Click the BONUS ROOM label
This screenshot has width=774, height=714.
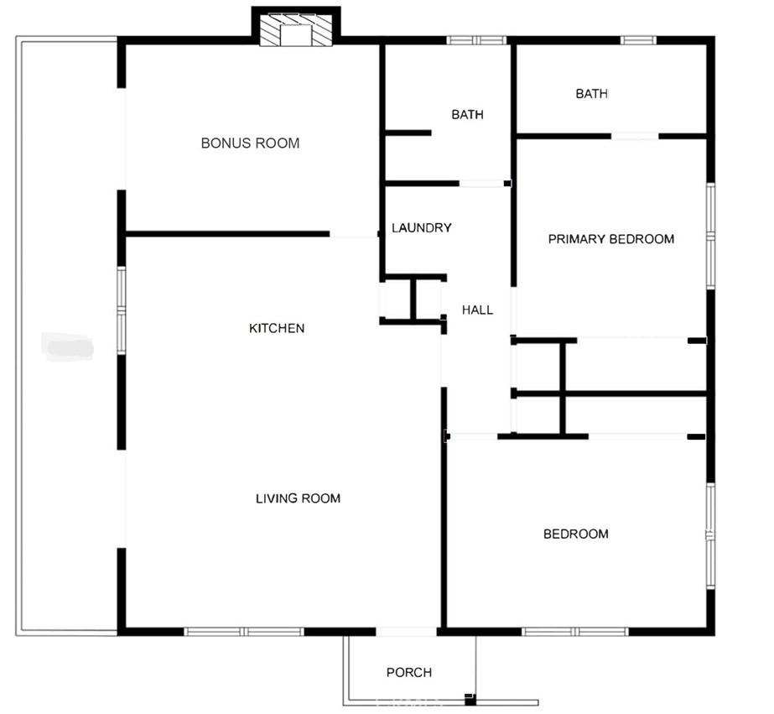[250, 143]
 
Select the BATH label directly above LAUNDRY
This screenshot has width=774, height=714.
[467, 115]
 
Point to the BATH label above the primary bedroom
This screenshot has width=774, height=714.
[591, 94]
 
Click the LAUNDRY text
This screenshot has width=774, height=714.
[422, 228]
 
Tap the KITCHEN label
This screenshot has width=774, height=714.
[277, 328]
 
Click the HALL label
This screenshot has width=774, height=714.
[477, 310]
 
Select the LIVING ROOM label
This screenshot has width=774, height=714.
[298, 498]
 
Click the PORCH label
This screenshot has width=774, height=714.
[409, 672]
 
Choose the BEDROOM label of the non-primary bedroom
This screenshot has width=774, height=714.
[575, 534]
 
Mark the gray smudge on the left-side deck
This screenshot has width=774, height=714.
[68, 345]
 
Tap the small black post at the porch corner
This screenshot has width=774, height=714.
[470, 698]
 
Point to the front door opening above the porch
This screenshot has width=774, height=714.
[406, 631]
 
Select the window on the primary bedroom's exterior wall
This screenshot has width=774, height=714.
[710, 237]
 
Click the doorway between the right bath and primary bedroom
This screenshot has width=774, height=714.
[634, 136]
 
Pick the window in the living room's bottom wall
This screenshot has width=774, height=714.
[243, 631]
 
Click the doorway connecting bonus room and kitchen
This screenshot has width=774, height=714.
[354, 234]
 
